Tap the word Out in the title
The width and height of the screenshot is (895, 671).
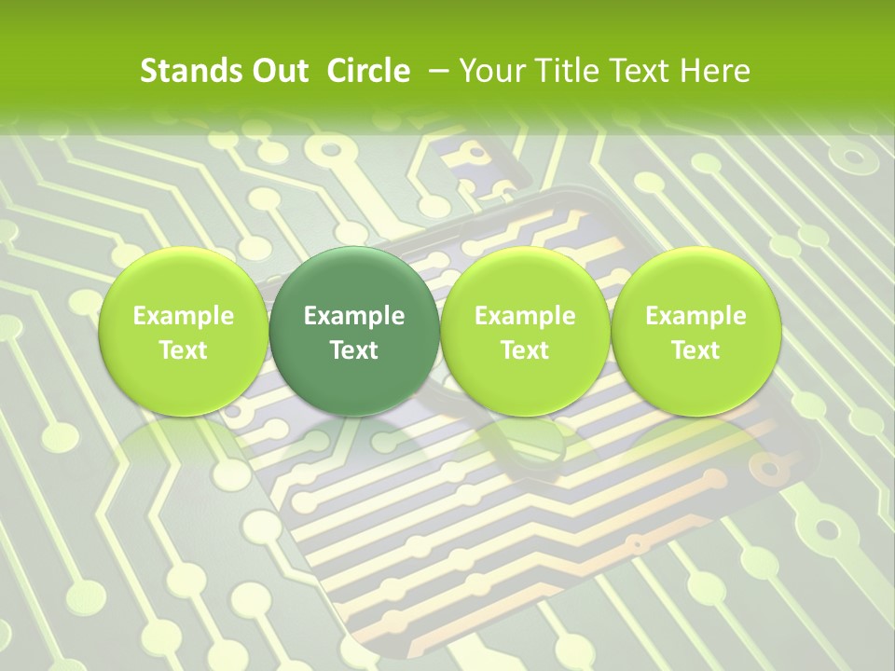(279, 71)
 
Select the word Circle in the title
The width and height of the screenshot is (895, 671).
(369, 71)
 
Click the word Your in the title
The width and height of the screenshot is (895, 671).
(491, 71)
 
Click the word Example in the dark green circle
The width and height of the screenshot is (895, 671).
(354, 316)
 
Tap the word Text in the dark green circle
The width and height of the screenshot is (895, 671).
(354, 350)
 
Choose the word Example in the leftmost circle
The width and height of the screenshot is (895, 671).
(184, 316)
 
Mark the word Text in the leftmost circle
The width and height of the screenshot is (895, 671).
(184, 350)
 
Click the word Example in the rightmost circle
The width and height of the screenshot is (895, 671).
(695, 316)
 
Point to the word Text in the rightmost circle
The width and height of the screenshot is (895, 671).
(695, 350)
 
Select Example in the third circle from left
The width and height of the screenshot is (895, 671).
(525, 316)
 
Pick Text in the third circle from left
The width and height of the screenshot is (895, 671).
(525, 350)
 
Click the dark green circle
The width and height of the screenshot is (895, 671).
(354, 280)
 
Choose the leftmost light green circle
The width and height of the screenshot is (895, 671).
(184, 280)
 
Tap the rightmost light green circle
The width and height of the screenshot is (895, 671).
(695, 280)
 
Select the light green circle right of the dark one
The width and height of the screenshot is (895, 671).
(525, 280)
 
